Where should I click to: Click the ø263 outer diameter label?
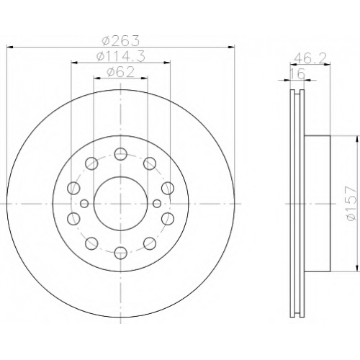tap(120, 40)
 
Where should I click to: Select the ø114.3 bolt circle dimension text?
tap(121, 57)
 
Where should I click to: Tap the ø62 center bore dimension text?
tap(121, 72)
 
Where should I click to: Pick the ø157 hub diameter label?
tap(349, 204)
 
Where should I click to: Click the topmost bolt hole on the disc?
tap(120, 154)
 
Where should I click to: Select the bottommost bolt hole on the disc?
tap(120, 252)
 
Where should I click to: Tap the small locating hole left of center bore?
tap(84, 204)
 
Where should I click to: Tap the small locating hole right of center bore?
tap(157, 204)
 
